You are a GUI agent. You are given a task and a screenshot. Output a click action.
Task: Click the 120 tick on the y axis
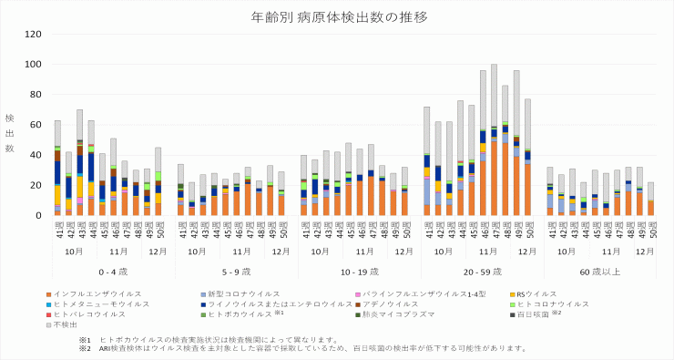click(35, 35)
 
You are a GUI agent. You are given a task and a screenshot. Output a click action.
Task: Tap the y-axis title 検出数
click(9, 133)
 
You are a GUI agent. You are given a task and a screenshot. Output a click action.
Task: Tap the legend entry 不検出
click(66, 324)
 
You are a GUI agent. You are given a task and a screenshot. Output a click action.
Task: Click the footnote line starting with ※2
click(301, 348)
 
